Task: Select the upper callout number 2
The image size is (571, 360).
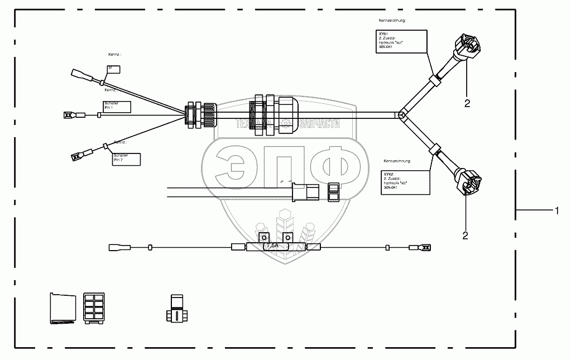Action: [467, 103]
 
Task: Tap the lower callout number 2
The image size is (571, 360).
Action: [465, 235]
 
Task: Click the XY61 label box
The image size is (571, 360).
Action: [402, 42]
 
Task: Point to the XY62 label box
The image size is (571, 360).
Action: [406, 181]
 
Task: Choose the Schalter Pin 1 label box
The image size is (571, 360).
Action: [117, 106]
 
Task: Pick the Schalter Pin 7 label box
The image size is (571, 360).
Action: [126, 159]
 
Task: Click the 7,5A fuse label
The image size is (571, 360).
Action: [273, 246]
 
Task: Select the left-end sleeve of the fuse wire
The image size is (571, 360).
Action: [118, 246]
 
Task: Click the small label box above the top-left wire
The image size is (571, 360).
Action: [113, 69]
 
